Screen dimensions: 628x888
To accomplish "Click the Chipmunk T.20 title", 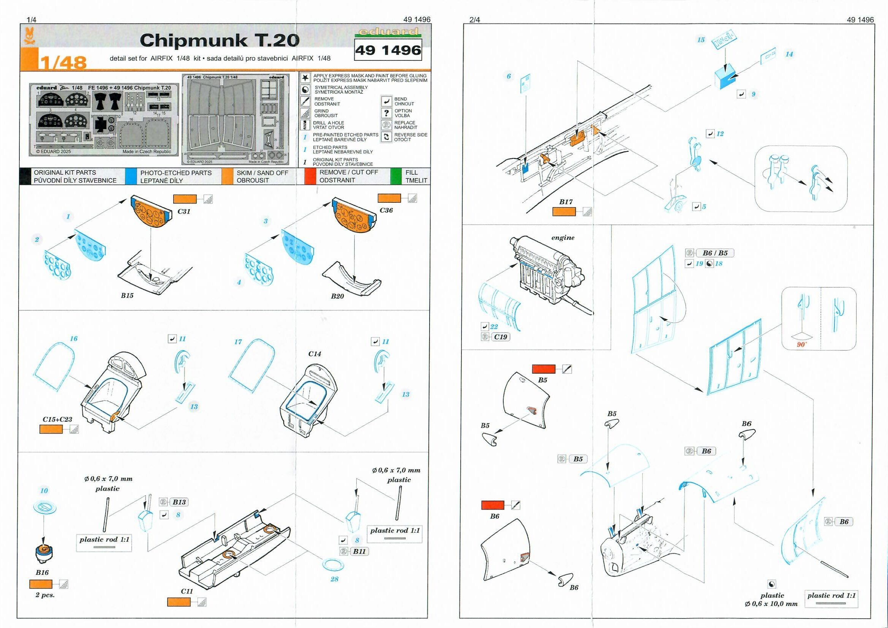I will (x=219, y=41).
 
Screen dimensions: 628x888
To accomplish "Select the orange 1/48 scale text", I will (x=63, y=62).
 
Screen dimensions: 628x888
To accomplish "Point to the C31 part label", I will (x=184, y=211).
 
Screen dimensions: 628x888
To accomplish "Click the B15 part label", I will (x=127, y=295).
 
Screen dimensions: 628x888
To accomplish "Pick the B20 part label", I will (x=337, y=296).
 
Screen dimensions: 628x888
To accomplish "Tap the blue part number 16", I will (x=73, y=339).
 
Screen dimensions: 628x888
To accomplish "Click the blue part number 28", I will (x=334, y=579).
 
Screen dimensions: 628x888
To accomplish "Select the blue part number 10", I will (x=44, y=491).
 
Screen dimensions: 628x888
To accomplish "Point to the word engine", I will (x=563, y=237).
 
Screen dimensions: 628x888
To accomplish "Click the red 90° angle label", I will (x=801, y=344).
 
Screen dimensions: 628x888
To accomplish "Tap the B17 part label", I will (x=566, y=202).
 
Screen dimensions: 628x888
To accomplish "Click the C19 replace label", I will (x=500, y=337).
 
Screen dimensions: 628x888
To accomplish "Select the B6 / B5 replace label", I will (x=715, y=253).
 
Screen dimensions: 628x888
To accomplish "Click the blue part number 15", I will (x=701, y=40).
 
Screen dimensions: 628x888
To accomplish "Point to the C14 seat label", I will (x=314, y=354).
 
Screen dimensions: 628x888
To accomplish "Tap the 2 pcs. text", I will (x=45, y=595).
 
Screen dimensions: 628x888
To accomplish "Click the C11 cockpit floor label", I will (x=186, y=591).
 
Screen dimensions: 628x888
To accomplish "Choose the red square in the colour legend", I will (x=310, y=176).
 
